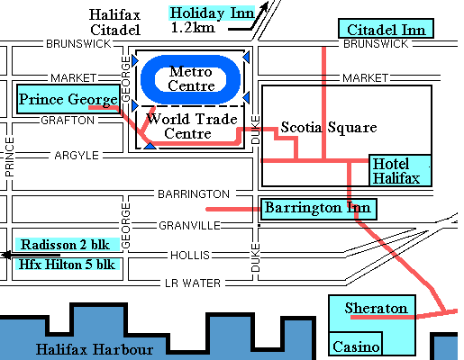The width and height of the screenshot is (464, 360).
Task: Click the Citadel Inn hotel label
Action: coord(385,29)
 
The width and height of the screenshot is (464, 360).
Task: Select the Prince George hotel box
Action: coord(68,98)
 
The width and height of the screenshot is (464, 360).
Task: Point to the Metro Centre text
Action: coord(192,77)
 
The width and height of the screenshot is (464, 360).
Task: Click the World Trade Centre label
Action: coord(191,126)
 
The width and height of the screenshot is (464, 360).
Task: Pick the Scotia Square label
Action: coord(328,128)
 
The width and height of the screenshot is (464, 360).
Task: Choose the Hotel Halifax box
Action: coord(401,171)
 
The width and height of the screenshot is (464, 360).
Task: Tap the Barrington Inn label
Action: coord(317,209)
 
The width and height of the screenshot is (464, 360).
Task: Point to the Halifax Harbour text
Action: coord(95,349)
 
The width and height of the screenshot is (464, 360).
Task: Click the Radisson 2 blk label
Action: coord(64,245)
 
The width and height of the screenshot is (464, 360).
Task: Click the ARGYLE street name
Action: coord(76,156)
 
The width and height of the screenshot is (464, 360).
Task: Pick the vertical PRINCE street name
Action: coord(10,156)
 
